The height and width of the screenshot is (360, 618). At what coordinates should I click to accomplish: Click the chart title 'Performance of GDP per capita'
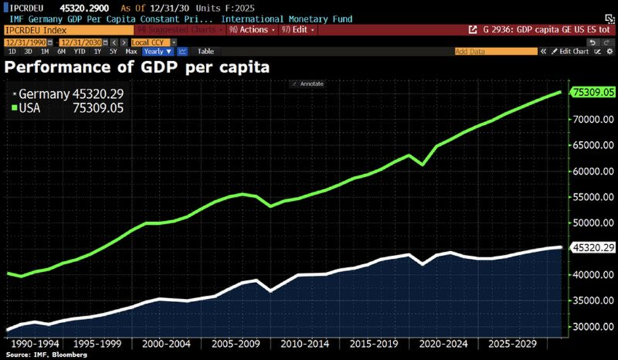(x=137, y=67)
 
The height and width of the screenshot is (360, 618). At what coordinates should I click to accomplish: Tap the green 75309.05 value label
(x=594, y=93)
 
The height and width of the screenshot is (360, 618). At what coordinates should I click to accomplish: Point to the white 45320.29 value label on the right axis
(x=594, y=248)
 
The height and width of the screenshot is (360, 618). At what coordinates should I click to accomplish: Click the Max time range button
(x=131, y=51)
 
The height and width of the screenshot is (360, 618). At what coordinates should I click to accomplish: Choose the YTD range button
(x=79, y=51)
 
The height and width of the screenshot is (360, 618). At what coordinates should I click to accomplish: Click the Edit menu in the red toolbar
(x=298, y=30)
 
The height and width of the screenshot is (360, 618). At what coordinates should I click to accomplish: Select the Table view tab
(x=206, y=51)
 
